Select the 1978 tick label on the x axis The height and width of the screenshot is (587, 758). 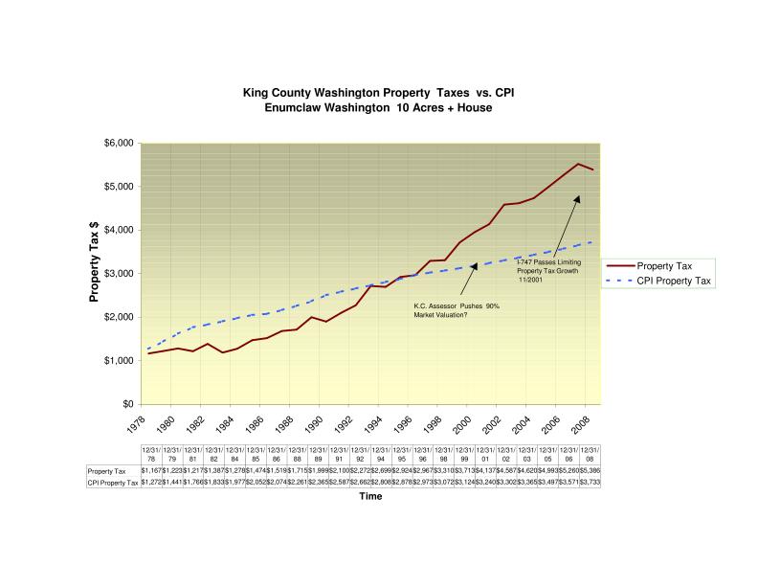139,422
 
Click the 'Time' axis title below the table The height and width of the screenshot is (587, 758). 369,497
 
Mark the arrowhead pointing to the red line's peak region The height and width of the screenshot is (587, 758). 578,197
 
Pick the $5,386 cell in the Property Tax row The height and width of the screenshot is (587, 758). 590,470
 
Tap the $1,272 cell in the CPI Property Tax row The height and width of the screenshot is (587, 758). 151,483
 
